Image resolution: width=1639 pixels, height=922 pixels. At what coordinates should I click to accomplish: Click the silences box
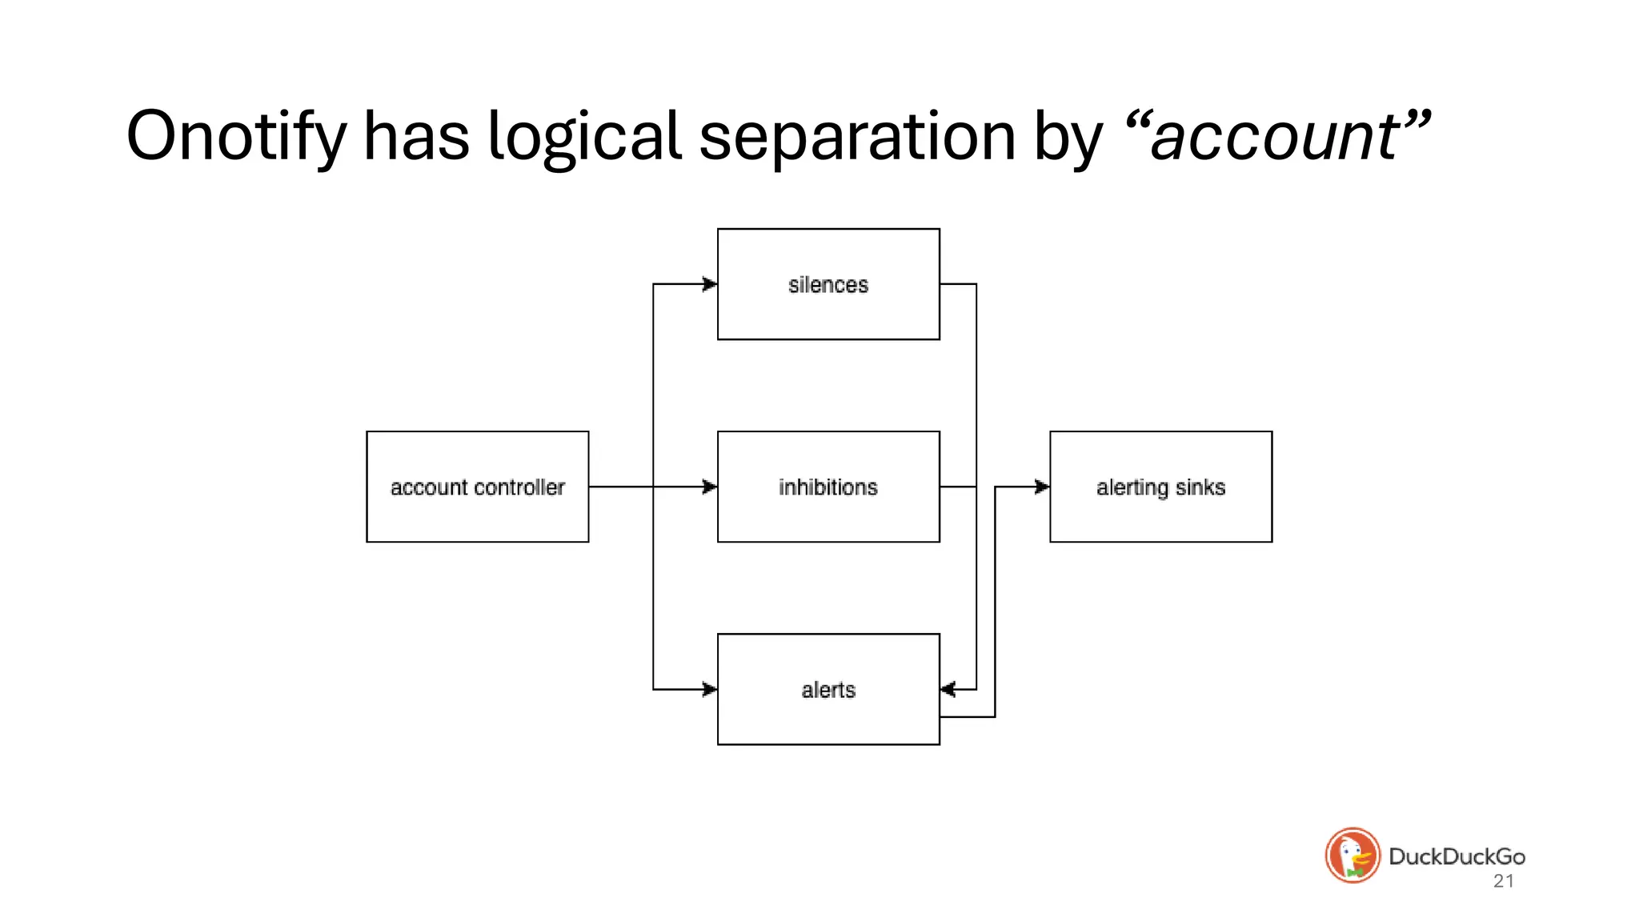828,284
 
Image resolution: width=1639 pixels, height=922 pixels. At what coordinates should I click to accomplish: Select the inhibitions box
828,487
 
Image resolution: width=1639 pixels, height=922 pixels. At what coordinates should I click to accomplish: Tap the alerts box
828,689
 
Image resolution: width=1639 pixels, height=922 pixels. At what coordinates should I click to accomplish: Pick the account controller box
477,487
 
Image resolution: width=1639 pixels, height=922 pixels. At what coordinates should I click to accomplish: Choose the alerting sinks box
1160,487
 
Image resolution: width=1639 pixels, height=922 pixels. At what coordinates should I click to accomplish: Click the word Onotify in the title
236,136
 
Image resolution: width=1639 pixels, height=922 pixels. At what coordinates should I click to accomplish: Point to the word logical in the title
584,136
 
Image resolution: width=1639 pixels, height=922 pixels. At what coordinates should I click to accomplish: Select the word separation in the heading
857,136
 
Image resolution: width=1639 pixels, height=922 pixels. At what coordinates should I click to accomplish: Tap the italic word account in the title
1276,136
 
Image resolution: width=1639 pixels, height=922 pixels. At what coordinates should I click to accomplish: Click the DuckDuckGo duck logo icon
1352,855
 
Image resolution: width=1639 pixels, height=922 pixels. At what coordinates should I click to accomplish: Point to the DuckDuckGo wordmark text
1457,856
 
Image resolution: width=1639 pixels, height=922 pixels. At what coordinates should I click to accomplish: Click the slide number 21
1504,881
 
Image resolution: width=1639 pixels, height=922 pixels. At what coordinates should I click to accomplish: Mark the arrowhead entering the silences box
710,284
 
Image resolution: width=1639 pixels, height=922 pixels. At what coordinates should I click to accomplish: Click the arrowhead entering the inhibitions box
710,487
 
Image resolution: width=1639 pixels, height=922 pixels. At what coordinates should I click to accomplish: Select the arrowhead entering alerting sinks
1042,487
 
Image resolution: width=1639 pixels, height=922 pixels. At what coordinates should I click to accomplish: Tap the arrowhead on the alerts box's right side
948,689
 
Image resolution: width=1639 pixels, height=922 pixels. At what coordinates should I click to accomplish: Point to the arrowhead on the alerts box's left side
710,689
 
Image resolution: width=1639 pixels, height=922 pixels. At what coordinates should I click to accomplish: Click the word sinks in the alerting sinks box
1200,487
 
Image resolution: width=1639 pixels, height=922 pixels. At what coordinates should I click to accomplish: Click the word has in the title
416,136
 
